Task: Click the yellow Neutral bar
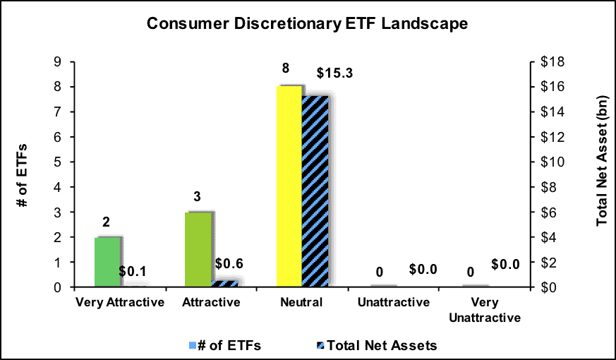289,186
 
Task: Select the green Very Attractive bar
107,262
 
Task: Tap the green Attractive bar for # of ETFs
198,250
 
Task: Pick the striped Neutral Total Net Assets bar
315,191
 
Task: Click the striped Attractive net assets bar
224,283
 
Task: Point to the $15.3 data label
335,73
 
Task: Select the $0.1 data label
133,271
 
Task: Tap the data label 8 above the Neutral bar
286,68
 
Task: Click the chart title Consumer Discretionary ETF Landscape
308,23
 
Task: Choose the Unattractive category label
394,302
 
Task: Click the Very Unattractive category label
485,310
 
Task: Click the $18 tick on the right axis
552,62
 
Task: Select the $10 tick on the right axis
552,162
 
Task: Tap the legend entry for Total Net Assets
376,345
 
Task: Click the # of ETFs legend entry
224,345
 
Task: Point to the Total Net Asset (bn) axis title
603,160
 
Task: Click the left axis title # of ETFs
23,175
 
